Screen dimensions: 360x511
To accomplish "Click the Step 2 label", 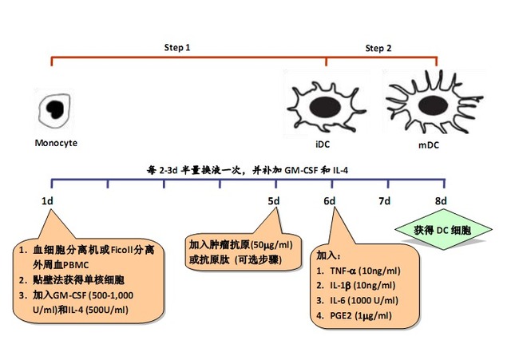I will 378,49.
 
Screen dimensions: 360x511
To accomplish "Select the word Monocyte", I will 56,144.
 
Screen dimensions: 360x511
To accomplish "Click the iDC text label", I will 323,144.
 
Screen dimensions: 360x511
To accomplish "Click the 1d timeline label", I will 47,200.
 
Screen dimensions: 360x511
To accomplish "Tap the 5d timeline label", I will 274,200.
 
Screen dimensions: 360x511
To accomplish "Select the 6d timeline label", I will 329,200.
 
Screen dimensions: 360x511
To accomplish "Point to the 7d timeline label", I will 384,200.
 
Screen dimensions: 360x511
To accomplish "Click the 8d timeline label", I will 440,200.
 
